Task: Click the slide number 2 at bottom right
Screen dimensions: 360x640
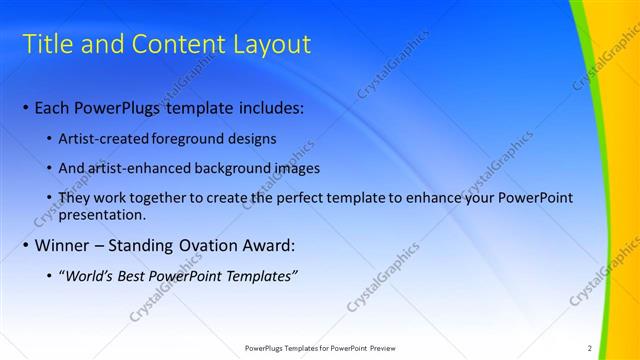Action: [x=590, y=348]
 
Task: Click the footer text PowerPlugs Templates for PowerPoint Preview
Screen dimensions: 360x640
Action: [x=320, y=348]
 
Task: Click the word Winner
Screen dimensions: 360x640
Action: [x=63, y=245]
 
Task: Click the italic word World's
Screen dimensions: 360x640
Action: [x=91, y=275]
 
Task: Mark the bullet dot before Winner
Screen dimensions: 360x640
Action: [x=25, y=245]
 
